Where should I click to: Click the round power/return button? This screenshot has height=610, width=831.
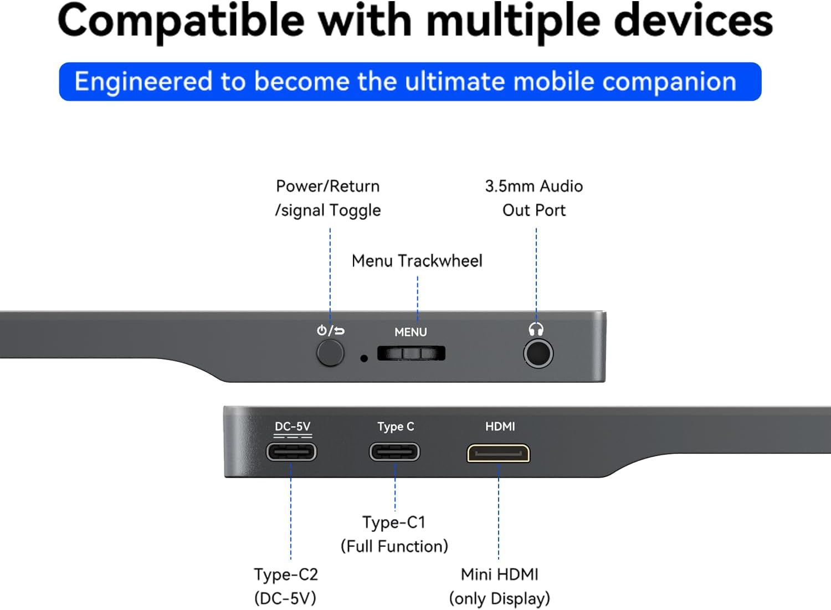[330, 353]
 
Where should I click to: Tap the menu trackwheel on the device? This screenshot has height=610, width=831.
[411, 353]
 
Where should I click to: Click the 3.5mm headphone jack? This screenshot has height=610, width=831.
[538, 353]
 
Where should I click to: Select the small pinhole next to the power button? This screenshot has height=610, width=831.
[364, 358]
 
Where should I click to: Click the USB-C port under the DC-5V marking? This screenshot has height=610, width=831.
[291, 452]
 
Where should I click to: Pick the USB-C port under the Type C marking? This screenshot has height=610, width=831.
[394, 452]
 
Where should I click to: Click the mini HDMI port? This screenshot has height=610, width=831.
[499, 453]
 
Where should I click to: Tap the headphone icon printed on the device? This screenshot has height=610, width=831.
[536, 330]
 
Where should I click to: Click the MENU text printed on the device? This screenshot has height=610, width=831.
[411, 332]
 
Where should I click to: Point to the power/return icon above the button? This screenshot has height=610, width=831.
[331, 331]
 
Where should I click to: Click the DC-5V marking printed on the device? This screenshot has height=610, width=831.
[293, 427]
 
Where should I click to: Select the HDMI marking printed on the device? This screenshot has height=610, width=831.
[500, 426]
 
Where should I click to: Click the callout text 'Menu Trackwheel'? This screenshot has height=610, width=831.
[417, 260]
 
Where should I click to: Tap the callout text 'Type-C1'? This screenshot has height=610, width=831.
[394, 522]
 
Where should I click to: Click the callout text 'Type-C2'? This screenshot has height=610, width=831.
[286, 574]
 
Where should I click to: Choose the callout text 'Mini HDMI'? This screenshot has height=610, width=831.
[499, 574]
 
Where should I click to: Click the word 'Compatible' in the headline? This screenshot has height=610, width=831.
[181, 21]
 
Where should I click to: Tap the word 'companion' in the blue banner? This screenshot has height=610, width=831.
[669, 82]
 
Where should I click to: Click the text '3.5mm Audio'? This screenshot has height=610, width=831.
[534, 186]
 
